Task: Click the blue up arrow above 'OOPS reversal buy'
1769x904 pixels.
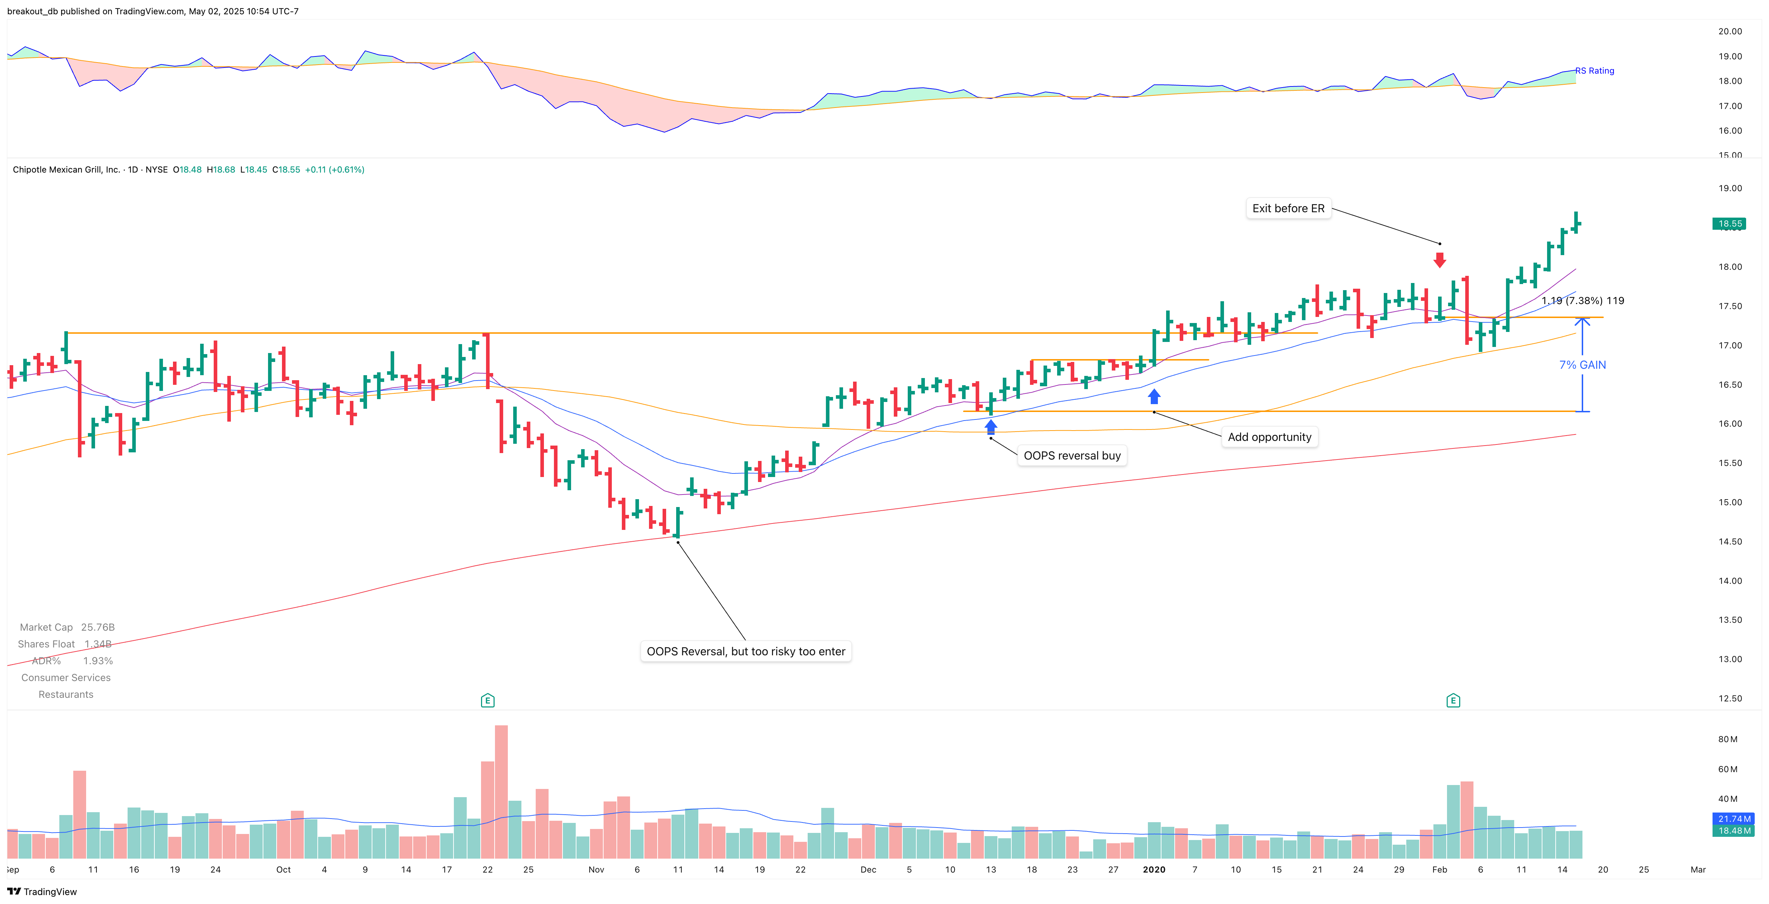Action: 990,427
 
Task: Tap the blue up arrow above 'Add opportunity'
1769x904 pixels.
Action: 1154,396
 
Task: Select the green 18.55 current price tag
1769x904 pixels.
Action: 1729,224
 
